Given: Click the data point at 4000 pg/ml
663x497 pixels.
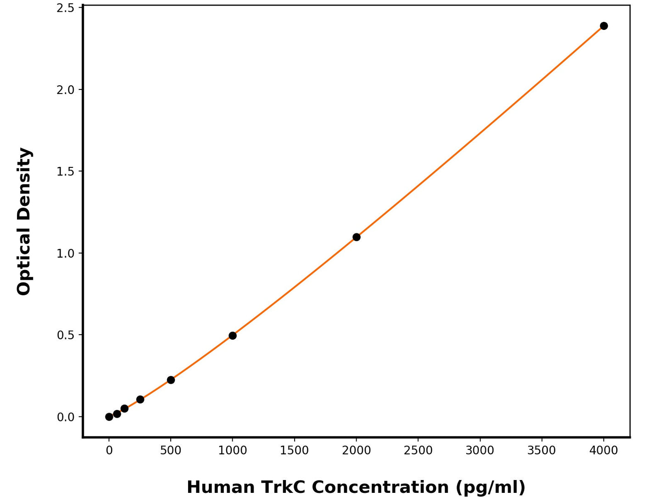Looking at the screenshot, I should coord(603,26).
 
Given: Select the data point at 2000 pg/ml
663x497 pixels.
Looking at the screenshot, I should coord(356,237).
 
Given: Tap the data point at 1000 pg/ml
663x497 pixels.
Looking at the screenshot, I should coord(233,336).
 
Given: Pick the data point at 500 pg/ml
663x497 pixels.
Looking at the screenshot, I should coord(171,380).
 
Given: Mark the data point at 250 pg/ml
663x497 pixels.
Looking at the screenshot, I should coord(140,399).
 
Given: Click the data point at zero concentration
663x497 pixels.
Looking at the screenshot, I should coord(109,417).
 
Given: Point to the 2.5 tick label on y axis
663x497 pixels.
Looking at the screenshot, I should coord(65,8).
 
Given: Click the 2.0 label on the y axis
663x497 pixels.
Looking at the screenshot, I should coord(65,90).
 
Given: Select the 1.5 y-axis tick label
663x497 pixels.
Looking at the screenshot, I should coord(65,171).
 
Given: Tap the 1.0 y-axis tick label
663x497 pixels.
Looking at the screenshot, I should coord(65,254).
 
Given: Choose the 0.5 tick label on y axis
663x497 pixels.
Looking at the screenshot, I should coord(65,335).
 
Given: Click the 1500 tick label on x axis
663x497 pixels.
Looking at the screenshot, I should coord(294,451).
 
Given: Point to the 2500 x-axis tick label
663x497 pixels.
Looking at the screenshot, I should coord(418,451).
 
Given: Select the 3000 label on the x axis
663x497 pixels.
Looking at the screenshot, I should coord(480,451).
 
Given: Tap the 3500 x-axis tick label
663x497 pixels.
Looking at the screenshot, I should coord(541,451).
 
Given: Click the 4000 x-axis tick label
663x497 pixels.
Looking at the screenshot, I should coord(603,451).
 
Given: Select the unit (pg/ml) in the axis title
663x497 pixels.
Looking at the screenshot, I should coord(490,487).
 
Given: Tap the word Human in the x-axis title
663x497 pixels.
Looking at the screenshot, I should coord(221,487).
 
